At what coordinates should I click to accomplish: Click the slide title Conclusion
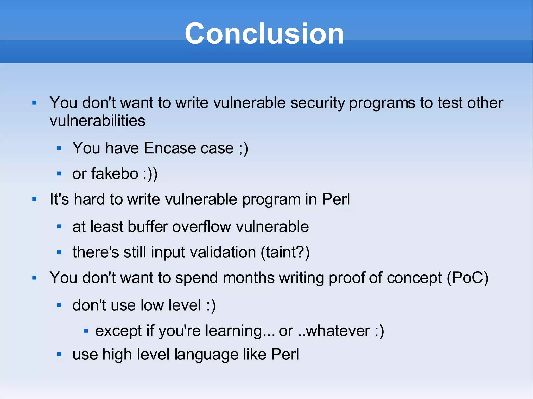click(x=264, y=34)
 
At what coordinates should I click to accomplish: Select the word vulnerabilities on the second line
click(x=97, y=121)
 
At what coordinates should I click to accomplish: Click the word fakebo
click(x=115, y=174)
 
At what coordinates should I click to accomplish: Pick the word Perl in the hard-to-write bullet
click(x=336, y=199)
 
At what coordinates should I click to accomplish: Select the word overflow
click(x=201, y=227)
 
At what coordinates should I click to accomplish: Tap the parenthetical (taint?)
click(x=285, y=252)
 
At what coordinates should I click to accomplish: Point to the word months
click(x=249, y=278)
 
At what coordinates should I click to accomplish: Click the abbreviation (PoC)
click(x=468, y=278)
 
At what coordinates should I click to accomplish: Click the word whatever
click(x=338, y=331)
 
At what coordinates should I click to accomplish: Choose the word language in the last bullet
click(x=206, y=355)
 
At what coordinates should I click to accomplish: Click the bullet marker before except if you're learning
click(x=86, y=331)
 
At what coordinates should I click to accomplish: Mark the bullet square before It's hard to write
click(x=34, y=199)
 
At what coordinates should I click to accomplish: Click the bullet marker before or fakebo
click(x=59, y=174)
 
